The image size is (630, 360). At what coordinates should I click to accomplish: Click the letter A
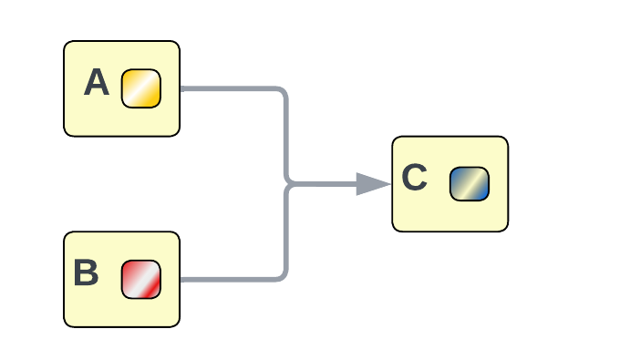click(96, 84)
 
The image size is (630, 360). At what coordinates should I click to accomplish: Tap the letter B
click(86, 273)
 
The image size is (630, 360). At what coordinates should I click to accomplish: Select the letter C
click(414, 178)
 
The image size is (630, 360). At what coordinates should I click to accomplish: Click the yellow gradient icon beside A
click(141, 88)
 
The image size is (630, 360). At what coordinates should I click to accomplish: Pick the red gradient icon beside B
click(141, 279)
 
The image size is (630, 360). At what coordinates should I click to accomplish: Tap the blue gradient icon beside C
click(470, 184)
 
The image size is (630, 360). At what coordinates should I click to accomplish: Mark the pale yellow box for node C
click(449, 214)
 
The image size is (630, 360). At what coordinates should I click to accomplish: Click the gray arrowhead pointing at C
click(372, 184)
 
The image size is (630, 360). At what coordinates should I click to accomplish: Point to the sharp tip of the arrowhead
click(390, 184)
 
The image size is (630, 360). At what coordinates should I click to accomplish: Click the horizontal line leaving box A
click(228, 89)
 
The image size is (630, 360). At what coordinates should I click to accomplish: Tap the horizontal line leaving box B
click(228, 279)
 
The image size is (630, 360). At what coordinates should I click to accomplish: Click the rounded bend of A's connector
click(284, 92)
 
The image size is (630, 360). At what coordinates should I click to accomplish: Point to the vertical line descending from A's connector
click(286, 137)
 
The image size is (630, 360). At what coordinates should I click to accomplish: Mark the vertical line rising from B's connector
click(286, 232)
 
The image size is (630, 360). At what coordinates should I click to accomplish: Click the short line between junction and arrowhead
click(324, 184)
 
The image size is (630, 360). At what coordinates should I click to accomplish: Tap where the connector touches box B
click(181, 279)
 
